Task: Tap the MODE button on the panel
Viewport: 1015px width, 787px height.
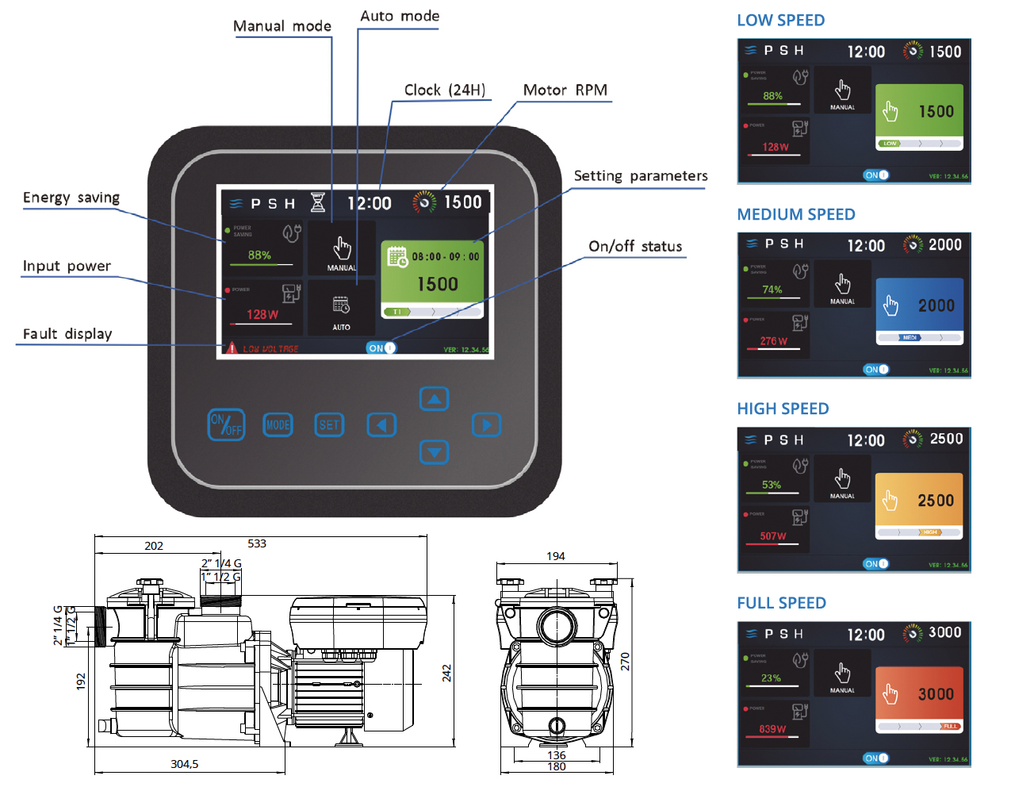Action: coord(278,425)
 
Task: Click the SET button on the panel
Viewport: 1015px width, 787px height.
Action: coord(329,425)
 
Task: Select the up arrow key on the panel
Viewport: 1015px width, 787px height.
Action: coord(434,399)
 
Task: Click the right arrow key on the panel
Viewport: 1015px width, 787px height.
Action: coord(486,425)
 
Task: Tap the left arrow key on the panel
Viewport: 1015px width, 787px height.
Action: coord(381,425)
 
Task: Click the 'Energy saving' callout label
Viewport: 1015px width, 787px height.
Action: coord(71,198)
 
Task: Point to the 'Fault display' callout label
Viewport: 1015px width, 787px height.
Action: coord(67,334)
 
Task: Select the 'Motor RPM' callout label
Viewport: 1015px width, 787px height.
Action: coord(565,90)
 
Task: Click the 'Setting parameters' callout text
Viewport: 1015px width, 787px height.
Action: coord(641,176)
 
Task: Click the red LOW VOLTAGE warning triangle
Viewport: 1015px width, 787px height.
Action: coord(232,348)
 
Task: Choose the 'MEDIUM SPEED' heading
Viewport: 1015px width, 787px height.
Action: coord(795,214)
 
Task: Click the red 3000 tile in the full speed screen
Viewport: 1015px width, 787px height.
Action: coord(920,694)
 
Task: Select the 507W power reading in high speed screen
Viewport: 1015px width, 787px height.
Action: coord(772,536)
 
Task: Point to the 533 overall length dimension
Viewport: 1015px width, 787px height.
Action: coord(257,543)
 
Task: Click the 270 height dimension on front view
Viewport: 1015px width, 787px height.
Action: coord(625,661)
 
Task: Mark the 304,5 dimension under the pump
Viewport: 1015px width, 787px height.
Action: coord(185,764)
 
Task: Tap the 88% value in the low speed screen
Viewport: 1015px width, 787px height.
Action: coord(772,96)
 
